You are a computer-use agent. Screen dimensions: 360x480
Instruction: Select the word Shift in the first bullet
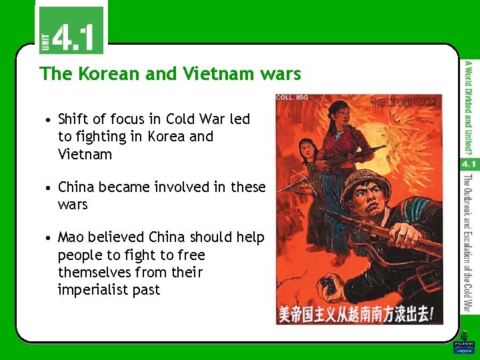73,119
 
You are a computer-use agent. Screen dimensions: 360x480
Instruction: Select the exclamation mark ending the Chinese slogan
433,312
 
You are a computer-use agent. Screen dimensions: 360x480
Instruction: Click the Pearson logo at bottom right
463,347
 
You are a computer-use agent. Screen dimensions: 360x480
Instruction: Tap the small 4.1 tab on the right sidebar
469,163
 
